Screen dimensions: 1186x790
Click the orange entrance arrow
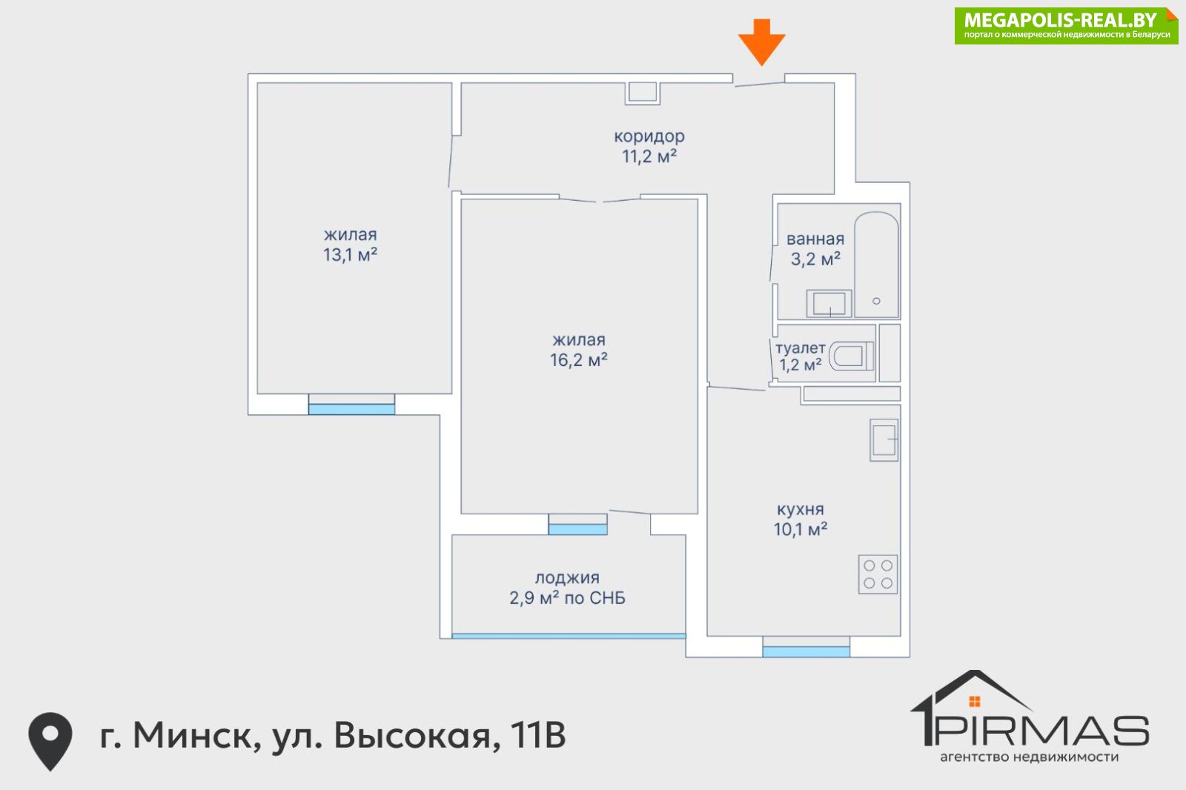pyautogui.click(x=761, y=42)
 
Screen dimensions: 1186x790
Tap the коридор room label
pyautogui.click(x=649, y=136)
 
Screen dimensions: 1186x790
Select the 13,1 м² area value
pyautogui.click(x=350, y=255)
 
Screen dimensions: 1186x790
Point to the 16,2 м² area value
pyautogui.click(x=578, y=360)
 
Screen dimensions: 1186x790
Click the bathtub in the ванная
pyautogui.click(x=877, y=265)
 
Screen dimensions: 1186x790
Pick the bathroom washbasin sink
pyautogui.click(x=829, y=303)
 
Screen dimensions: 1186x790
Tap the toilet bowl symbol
pyautogui.click(x=852, y=355)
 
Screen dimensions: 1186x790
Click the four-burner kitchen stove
pyautogui.click(x=878, y=574)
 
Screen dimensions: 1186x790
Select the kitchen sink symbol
pyautogui.click(x=884, y=440)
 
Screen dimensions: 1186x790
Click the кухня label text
pyautogui.click(x=800, y=509)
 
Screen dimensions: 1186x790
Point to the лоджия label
pyautogui.click(x=567, y=578)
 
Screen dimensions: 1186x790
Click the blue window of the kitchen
pyautogui.click(x=806, y=652)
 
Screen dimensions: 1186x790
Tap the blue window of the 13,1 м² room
pyautogui.click(x=351, y=409)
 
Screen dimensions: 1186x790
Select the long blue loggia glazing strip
pyautogui.click(x=569, y=636)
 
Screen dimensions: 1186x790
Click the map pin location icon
pyautogui.click(x=50, y=741)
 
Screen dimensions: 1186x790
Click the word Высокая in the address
pyautogui.click(x=417, y=735)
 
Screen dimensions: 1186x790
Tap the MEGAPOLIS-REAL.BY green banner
pyautogui.click(x=1067, y=26)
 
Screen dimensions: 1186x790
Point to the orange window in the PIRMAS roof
pyautogui.click(x=975, y=702)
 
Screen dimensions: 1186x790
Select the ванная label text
pyautogui.click(x=815, y=239)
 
